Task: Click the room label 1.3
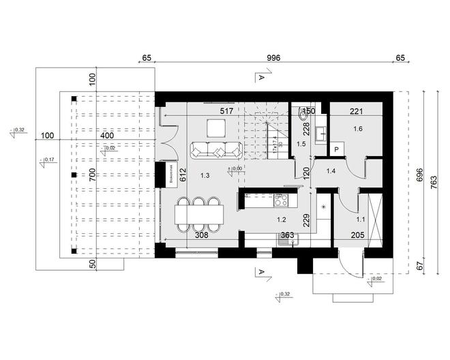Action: pos(205,176)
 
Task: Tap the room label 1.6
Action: pos(358,128)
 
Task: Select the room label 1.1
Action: pos(361,220)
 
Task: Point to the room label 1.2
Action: pos(280,220)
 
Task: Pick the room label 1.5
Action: pos(301,145)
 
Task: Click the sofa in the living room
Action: pos(215,151)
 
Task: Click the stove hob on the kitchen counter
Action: pos(281,200)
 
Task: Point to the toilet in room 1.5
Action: pos(301,116)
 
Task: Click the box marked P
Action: pos(337,149)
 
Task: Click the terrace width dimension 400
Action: pos(107,136)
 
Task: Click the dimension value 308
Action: pos(200,235)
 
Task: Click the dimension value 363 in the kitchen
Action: pos(287,235)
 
